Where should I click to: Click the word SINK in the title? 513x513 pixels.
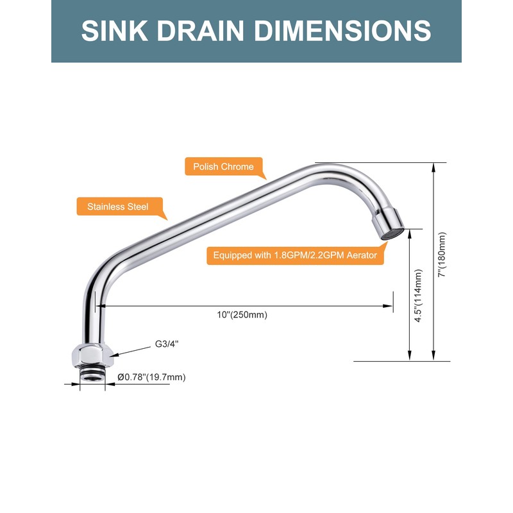coord(115,31)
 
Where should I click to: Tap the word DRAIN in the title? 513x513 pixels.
coord(200,31)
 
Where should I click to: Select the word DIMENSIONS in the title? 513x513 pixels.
coord(342,31)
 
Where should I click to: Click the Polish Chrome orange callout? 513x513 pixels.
coord(224,167)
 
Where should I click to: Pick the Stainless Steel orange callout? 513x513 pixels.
coord(118,206)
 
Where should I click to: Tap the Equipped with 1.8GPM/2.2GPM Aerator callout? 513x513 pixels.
coord(295,255)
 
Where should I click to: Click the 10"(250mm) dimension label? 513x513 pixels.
coord(242,315)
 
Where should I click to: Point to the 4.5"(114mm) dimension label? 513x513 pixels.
coord(419,296)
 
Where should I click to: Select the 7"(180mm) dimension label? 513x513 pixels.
coord(442,255)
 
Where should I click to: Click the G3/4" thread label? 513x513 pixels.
coord(167,344)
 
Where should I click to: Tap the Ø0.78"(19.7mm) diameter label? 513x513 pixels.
coord(151,377)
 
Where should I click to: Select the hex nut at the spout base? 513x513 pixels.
coord(92,355)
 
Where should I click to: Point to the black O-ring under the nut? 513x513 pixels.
coord(92,371)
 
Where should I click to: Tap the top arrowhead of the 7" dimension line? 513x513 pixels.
coord(434,167)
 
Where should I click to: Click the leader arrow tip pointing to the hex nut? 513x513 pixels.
coord(111,355)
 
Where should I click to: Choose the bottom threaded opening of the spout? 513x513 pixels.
coord(92,378)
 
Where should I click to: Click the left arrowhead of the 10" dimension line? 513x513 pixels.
coord(101,307)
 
